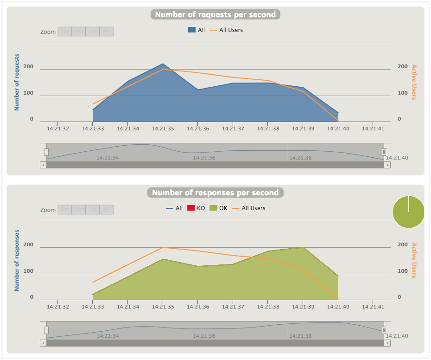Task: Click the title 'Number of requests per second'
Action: point(215,14)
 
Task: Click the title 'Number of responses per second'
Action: point(215,193)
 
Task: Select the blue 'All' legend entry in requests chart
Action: point(196,30)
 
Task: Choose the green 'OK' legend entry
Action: point(218,208)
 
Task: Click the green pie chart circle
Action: point(408,212)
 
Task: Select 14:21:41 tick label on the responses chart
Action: point(373,307)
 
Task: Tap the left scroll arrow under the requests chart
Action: point(43,165)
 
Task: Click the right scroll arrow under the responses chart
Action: point(387,343)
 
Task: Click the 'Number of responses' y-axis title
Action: point(17,260)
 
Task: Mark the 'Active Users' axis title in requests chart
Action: point(414,82)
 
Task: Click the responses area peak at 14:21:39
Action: point(303,248)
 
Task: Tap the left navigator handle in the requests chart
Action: point(46,152)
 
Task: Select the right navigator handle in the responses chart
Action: point(384,330)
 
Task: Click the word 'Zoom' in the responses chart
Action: point(48,210)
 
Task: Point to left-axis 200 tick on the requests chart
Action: point(28,67)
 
